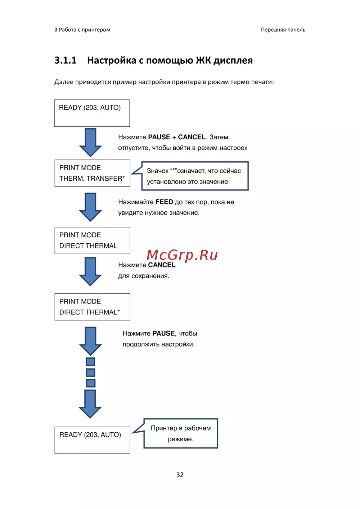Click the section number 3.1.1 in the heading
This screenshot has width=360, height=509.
tap(65, 60)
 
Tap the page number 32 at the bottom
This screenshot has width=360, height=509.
tap(180, 475)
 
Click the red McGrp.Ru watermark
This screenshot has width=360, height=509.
tap(182, 255)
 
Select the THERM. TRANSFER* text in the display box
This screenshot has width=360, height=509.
tap(92, 179)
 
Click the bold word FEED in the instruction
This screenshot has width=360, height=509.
tap(164, 202)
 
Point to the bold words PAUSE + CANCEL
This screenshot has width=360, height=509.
tap(177, 137)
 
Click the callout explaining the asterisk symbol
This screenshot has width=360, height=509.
tap(194, 176)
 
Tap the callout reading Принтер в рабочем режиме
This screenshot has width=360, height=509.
tap(181, 433)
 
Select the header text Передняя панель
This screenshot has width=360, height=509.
tap(283, 30)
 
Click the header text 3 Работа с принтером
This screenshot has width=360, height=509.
tap(82, 30)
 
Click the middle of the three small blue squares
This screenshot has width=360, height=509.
tap(91, 372)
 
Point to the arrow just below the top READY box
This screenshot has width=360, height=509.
tap(90, 142)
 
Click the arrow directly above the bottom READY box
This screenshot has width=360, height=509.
tap(90, 404)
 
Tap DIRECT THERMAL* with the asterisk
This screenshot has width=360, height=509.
tap(89, 312)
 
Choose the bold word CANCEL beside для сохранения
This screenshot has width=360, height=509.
tap(162, 265)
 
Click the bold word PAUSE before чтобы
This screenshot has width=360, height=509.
tap(163, 333)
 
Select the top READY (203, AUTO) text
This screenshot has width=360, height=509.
tap(90, 108)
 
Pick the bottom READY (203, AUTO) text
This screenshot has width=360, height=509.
tap(90, 435)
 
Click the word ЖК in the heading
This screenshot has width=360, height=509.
tap(203, 60)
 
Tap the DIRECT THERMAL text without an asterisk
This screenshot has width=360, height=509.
tap(88, 246)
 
